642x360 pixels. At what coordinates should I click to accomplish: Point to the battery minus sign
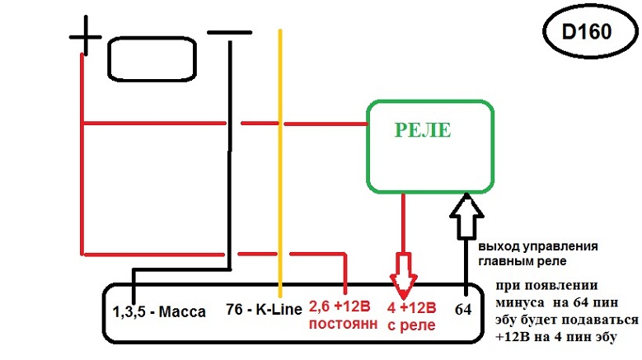229,33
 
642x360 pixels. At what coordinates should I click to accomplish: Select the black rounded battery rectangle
152,58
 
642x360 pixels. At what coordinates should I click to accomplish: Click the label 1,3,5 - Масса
159,312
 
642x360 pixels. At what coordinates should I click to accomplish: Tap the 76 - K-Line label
263,311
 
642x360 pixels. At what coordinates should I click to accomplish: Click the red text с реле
411,325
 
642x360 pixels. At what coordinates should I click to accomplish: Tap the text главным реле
517,262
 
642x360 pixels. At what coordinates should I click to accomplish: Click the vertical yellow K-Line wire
281,165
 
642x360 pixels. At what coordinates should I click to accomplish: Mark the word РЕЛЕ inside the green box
424,130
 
